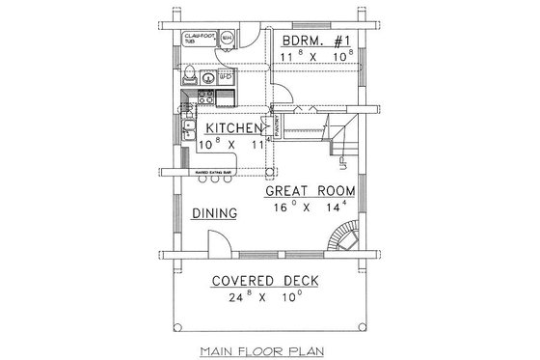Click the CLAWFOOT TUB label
(195, 41)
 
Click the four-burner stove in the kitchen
(205, 97)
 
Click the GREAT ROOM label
(310, 191)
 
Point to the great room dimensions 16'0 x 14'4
(310, 208)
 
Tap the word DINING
(213, 212)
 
